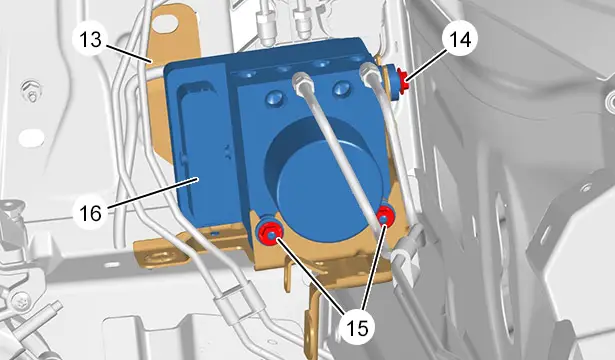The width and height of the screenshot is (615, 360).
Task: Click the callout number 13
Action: [91, 39]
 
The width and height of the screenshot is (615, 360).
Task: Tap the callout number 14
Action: [460, 39]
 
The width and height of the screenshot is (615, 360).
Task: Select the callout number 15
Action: [358, 327]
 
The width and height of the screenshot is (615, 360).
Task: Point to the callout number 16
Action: [91, 213]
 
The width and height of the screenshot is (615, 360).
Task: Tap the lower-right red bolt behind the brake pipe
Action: [385, 216]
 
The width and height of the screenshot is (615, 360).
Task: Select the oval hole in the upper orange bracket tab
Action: [166, 22]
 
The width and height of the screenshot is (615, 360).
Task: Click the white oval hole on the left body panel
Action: [31, 138]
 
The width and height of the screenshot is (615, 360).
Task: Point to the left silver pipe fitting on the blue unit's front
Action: [303, 83]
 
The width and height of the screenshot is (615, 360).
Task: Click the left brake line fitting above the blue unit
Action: [265, 25]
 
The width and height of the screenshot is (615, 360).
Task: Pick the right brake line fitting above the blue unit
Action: [303, 22]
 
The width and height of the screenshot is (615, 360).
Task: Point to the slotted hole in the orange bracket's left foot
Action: [161, 257]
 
